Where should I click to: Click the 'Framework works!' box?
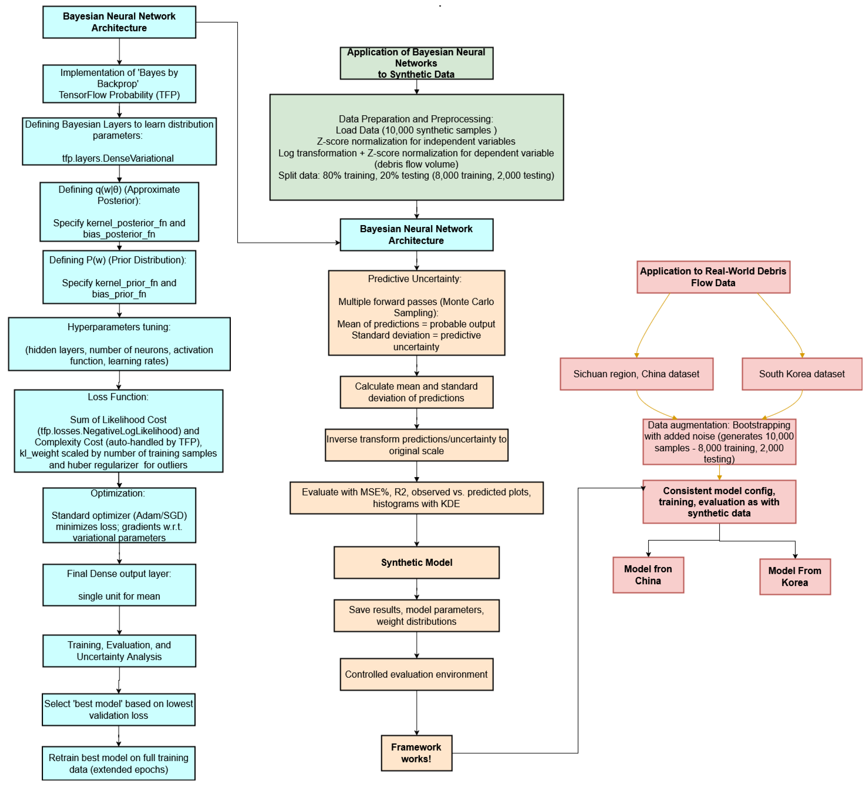pos(416,753)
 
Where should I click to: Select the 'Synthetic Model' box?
pos(416,562)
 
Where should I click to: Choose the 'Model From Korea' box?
pos(795,577)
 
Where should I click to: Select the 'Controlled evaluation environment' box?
pos(416,674)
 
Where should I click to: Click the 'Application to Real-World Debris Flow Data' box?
pos(713,277)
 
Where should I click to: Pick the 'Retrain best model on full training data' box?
pos(118,763)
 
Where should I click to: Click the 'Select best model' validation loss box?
pos(118,709)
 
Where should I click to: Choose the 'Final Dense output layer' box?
pos(119,585)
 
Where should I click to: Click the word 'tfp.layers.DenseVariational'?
pos(118,158)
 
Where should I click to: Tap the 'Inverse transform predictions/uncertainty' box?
pos(416,445)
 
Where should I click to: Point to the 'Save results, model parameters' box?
pos(416,615)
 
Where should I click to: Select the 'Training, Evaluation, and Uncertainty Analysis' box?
pos(119,651)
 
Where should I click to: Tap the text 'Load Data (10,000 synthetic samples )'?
pos(416,130)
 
